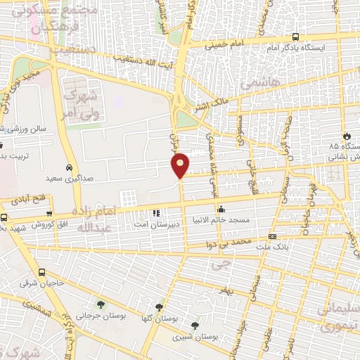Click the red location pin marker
click(181, 165)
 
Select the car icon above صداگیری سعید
click(69, 168)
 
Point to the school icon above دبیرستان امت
click(156, 212)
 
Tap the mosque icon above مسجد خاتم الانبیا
click(221, 208)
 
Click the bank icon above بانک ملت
click(273, 237)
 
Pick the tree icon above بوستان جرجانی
click(101, 305)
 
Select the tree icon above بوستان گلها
click(160, 307)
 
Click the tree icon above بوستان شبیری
click(195, 326)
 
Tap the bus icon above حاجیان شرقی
click(42, 272)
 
